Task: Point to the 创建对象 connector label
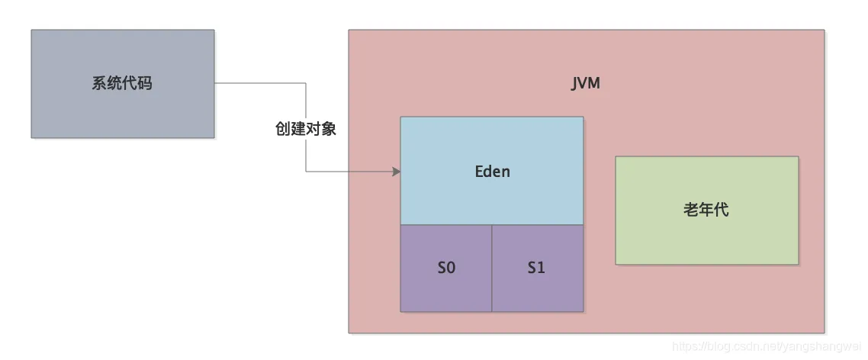(x=306, y=129)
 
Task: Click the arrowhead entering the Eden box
(x=397, y=172)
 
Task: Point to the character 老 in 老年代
(x=691, y=210)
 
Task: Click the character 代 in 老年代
(x=722, y=210)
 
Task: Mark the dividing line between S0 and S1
(x=492, y=268)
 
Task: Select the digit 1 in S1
(x=542, y=268)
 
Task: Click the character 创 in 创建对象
(x=283, y=129)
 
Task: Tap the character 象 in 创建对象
(x=329, y=129)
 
